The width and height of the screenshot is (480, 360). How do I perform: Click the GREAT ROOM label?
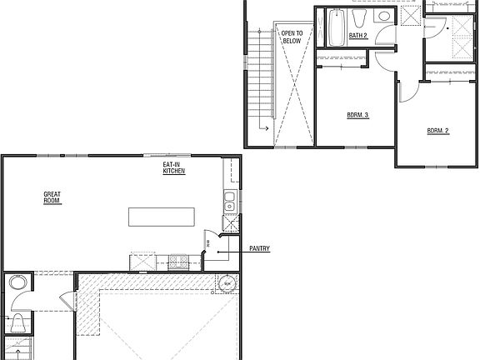coord(52,197)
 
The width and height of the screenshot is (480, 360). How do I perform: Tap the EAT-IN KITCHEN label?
coord(173,168)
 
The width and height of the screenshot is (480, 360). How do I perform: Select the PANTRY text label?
coord(258,248)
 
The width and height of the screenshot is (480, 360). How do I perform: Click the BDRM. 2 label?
coord(438,131)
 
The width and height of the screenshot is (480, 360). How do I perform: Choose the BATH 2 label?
coord(357,36)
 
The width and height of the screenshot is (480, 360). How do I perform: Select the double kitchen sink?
coord(230,201)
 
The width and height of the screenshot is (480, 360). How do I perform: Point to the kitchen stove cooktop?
coord(141,261)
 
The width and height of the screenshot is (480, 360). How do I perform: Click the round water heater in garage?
coord(227,285)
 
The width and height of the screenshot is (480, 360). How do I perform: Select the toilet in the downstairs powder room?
coord(16,322)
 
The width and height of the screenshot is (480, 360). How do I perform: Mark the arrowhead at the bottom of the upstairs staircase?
coord(262,128)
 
